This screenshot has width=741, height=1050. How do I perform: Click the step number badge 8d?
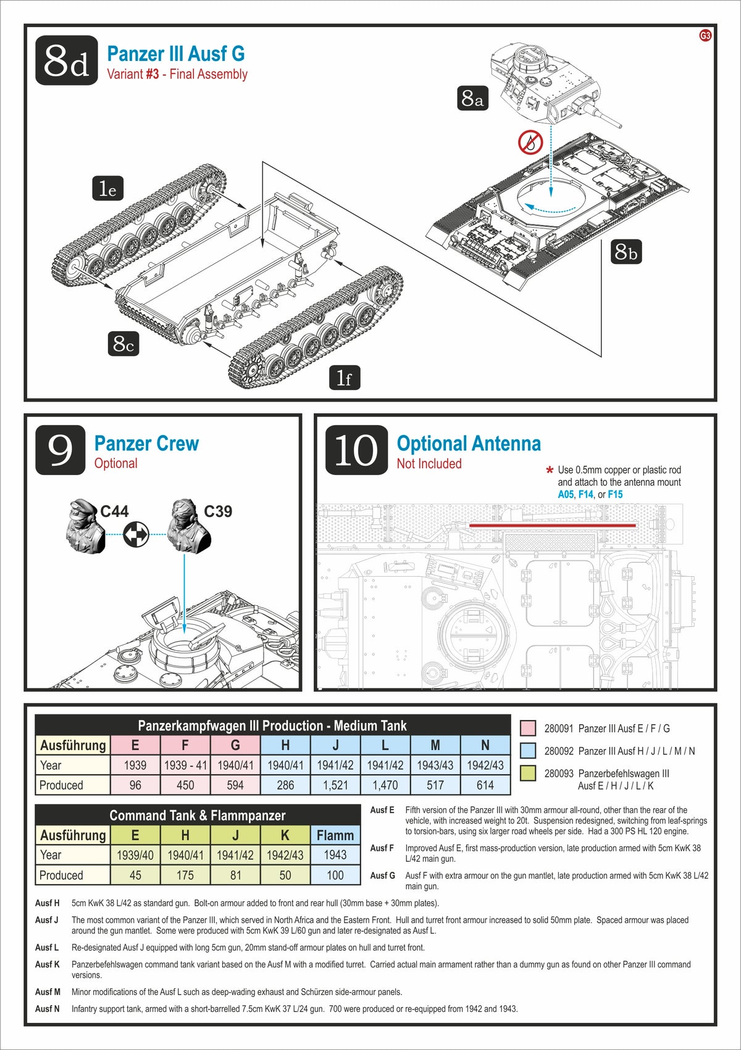[x=67, y=60]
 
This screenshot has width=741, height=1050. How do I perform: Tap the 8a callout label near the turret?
[x=472, y=98]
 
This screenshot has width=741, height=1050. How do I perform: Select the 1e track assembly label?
[x=107, y=189]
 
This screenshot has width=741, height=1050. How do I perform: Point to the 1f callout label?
[x=344, y=378]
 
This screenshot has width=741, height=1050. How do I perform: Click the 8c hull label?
[x=123, y=344]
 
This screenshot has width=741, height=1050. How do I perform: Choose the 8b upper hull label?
[x=626, y=252]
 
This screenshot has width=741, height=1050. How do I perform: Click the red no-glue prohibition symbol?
[x=530, y=143]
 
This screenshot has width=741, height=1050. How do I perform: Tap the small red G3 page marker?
[x=705, y=36]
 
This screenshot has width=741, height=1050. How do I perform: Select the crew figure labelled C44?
[x=85, y=527]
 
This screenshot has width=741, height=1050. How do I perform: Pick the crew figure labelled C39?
[x=190, y=527]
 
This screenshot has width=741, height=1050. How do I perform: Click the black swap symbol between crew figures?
[x=136, y=534]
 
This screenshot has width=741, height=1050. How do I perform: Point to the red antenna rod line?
[x=553, y=526]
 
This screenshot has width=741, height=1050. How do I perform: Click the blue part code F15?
[x=615, y=494]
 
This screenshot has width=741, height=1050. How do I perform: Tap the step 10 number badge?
[x=356, y=450]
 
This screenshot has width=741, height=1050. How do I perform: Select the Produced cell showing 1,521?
[x=335, y=785]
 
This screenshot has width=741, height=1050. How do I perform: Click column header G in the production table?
[x=235, y=745]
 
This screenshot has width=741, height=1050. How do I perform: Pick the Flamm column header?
[x=335, y=835]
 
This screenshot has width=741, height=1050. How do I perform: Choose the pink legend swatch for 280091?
[x=528, y=728]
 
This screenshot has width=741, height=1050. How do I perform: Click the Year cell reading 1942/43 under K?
[x=285, y=855]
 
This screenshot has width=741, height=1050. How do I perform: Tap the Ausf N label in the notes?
[x=48, y=1009]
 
